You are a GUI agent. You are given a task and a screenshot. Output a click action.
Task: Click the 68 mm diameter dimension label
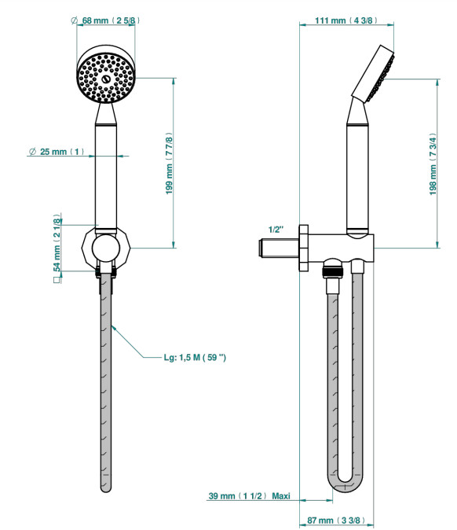tap(105, 20)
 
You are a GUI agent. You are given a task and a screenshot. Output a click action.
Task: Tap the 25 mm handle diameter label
tap(57, 152)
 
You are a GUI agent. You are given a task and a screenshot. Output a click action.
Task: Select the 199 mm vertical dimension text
tap(169, 164)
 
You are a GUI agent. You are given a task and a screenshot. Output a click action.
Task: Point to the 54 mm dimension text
tap(57, 242)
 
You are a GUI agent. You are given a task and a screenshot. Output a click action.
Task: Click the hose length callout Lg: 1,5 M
tap(195, 357)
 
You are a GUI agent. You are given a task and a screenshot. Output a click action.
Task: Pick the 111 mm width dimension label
tap(346, 20)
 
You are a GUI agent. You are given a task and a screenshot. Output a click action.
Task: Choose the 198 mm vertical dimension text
tap(433, 164)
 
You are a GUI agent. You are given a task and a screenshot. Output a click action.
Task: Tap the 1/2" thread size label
tap(276, 230)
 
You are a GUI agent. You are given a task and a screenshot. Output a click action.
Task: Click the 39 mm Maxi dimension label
tap(250, 496)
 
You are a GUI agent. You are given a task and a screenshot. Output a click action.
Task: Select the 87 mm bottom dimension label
tap(336, 521)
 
